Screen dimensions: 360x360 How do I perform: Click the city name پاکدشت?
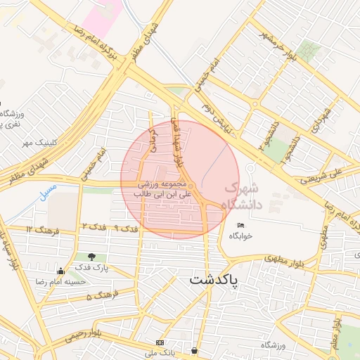click(x=213, y=279)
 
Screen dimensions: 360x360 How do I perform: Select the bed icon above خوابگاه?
click(x=240, y=225)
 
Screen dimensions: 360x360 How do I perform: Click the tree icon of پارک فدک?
click(x=92, y=257)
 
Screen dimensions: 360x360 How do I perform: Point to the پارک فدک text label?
click(x=92, y=268)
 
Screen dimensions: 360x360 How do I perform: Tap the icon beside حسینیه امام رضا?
click(x=61, y=271)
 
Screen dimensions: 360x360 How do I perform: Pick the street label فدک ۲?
click(x=94, y=226)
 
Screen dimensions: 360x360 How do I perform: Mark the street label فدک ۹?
click(x=125, y=229)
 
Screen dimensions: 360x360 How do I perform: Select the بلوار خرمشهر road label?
click(x=278, y=46)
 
